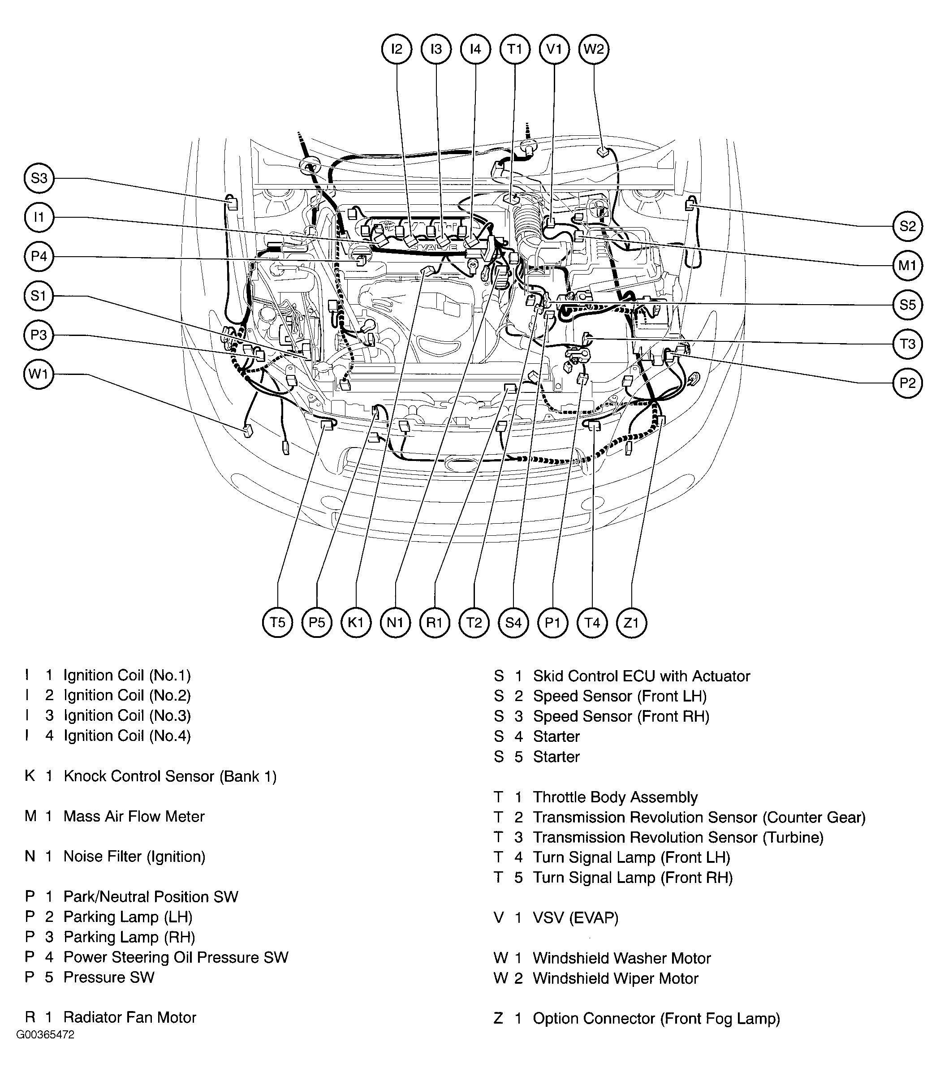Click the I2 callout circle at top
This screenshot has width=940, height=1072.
(397, 49)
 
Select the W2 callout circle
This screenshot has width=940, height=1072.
(594, 49)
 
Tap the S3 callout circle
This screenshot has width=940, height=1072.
(39, 178)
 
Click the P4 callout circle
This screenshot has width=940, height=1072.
(39, 256)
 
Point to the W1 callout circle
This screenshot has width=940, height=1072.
(39, 375)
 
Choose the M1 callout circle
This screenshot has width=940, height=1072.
(907, 265)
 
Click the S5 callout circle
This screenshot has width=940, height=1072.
(907, 305)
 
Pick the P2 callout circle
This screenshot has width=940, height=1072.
(907, 383)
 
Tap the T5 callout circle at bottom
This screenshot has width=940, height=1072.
(277, 623)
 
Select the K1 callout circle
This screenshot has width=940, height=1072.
(356, 623)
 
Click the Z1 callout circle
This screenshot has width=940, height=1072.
(632, 623)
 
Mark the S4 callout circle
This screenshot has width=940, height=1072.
(513, 623)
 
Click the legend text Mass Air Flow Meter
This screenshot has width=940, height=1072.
(134, 817)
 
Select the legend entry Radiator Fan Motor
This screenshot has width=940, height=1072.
(129, 1017)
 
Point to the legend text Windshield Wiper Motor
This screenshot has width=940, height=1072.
(615, 978)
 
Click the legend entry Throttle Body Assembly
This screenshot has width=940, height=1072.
(615, 797)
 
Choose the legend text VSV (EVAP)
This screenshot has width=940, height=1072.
(575, 918)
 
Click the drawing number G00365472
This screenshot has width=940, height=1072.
(45, 1035)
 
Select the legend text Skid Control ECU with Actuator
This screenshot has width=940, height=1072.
(641, 676)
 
